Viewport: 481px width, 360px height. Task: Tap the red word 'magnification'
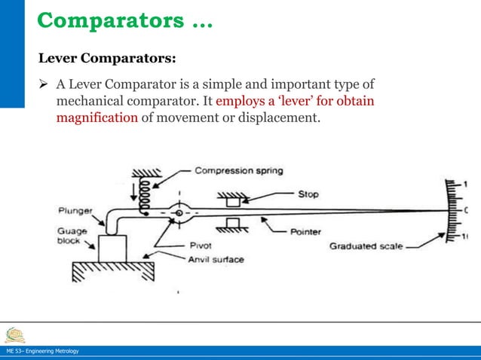tap(97, 117)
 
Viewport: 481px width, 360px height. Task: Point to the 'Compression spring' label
tap(239, 170)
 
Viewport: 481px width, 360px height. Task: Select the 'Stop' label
tap(308, 194)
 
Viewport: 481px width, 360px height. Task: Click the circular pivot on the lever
tap(179, 213)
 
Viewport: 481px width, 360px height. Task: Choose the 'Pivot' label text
tap(201, 246)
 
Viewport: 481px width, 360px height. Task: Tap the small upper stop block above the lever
tap(234, 201)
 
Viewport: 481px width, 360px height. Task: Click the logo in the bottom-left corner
tap(14, 334)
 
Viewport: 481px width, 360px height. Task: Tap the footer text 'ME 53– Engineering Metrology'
tap(41, 352)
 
